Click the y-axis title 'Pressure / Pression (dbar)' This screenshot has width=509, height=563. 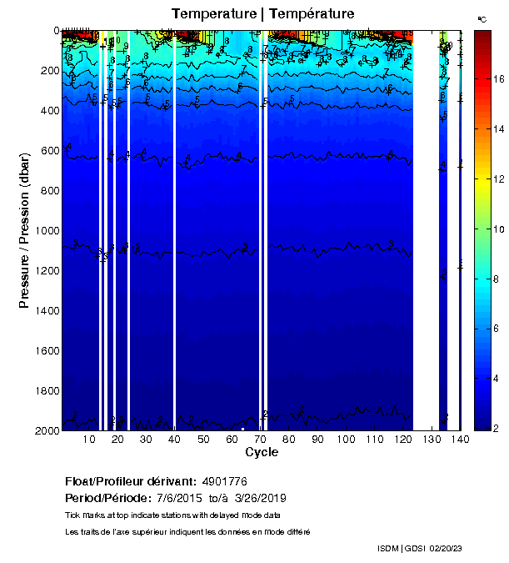click(24, 230)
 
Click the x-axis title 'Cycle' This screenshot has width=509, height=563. click(262, 452)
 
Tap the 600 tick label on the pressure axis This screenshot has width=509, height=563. click(47, 151)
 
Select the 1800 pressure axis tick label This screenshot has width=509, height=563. click(44, 391)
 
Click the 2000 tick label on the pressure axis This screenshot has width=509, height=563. click(44, 430)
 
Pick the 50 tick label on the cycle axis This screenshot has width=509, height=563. click(202, 440)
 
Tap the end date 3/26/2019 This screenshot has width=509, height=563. click(261, 498)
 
